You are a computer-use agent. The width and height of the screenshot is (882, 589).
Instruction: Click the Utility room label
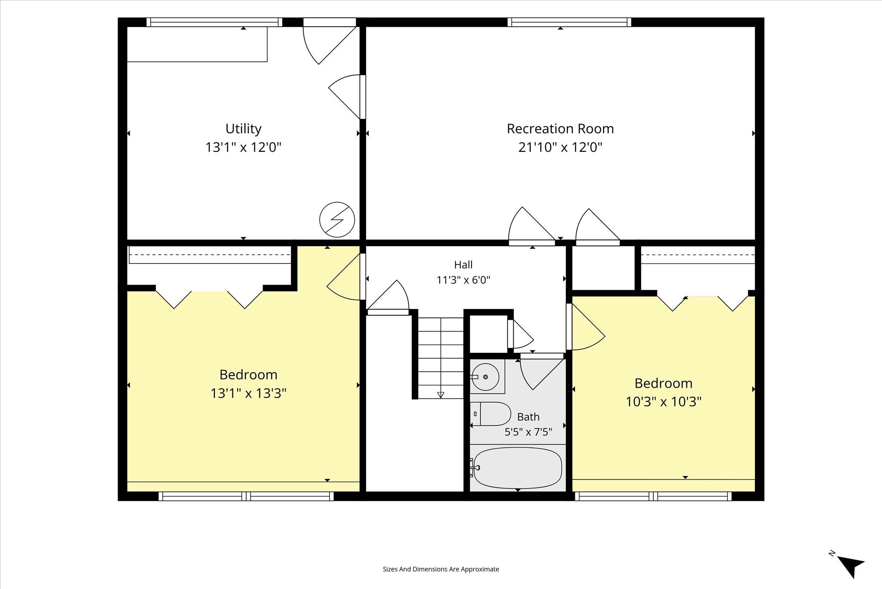(x=243, y=129)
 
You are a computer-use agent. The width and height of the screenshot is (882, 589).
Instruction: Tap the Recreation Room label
(x=560, y=128)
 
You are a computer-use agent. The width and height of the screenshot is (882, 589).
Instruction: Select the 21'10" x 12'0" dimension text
(x=560, y=147)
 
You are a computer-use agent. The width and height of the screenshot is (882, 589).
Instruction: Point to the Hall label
(x=463, y=265)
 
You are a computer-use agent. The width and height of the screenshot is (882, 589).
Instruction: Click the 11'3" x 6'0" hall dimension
(x=463, y=280)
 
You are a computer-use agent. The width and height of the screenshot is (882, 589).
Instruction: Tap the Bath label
(x=528, y=417)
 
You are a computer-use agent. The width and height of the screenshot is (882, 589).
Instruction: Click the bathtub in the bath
(x=517, y=468)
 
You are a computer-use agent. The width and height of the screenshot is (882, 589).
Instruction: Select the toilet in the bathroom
(x=491, y=414)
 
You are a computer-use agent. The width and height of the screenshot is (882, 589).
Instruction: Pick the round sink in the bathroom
(x=485, y=377)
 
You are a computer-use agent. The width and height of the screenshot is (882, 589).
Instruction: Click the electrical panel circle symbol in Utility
(x=337, y=219)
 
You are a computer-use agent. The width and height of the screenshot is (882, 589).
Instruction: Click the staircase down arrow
(x=441, y=395)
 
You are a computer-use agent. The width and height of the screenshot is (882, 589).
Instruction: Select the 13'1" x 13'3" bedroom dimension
(x=248, y=393)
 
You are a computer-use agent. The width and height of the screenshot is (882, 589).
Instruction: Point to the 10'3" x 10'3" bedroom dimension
(x=663, y=402)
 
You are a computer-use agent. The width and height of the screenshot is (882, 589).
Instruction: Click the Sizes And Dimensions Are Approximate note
(x=441, y=569)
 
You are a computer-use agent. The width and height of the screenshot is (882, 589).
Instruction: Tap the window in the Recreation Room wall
(x=569, y=22)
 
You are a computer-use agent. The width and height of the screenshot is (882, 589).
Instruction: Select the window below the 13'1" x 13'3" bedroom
(x=246, y=496)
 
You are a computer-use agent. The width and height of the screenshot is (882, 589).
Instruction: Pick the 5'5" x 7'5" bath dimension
(x=528, y=432)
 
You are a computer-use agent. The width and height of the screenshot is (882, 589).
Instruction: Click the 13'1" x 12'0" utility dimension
(x=243, y=147)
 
